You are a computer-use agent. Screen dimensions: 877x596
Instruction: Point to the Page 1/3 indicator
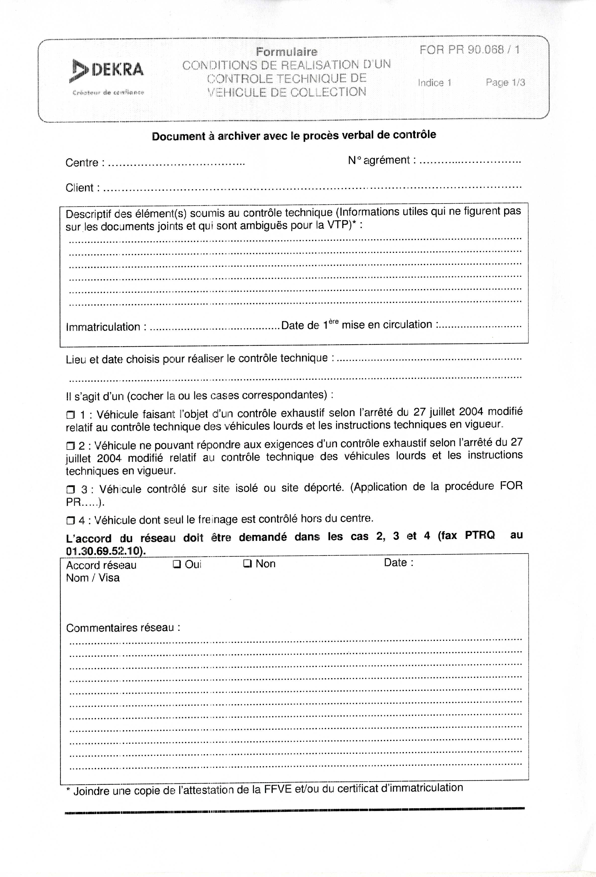[x=505, y=82]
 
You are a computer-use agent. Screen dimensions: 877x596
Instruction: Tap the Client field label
[x=80, y=187]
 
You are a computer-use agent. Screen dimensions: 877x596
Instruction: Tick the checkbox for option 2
[x=71, y=446]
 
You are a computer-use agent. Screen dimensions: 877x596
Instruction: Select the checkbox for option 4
[x=71, y=521]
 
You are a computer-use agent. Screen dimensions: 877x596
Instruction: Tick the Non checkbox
[x=247, y=564]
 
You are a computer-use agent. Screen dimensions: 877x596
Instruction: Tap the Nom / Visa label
[x=93, y=578]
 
